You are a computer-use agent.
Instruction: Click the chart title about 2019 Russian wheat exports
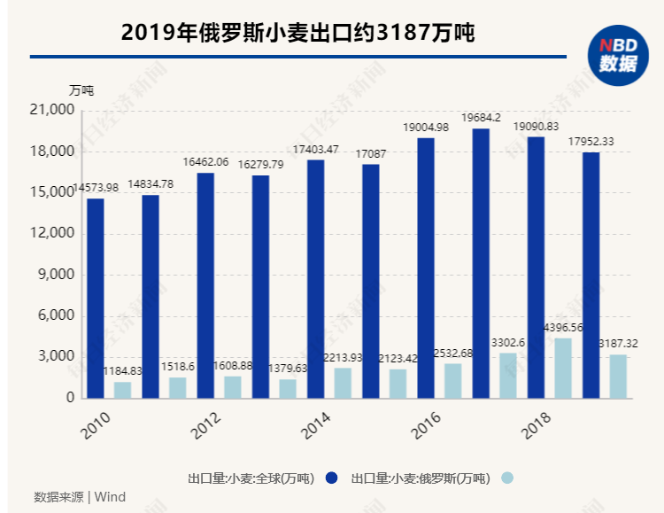297,34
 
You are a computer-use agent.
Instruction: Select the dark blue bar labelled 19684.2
481,263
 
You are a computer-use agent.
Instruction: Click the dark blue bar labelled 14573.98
96,298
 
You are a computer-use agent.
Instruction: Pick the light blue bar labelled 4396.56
563,368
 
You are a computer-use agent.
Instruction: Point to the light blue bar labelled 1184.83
122,390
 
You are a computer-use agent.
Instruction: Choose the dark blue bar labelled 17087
371,281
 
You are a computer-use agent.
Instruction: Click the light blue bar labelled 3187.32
618,376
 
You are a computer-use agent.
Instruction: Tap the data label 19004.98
426,128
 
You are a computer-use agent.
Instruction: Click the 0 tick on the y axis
69,398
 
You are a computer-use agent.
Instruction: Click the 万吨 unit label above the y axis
81,89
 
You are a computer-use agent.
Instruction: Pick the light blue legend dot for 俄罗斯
506,478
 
